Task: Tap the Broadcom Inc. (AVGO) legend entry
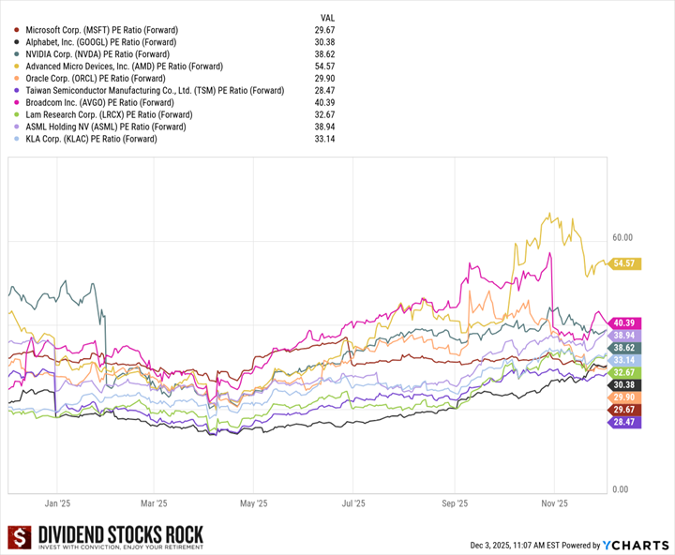(x=99, y=102)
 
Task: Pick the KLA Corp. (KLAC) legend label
(x=91, y=139)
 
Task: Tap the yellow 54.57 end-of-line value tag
(x=625, y=264)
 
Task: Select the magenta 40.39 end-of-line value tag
(x=625, y=322)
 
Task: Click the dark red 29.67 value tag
(x=625, y=410)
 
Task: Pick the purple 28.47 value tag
(x=625, y=423)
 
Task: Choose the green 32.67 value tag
(x=625, y=372)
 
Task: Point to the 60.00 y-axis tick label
(x=622, y=238)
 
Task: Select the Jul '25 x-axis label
(x=353, y=503)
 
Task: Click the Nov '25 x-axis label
(x=555, y=503)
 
